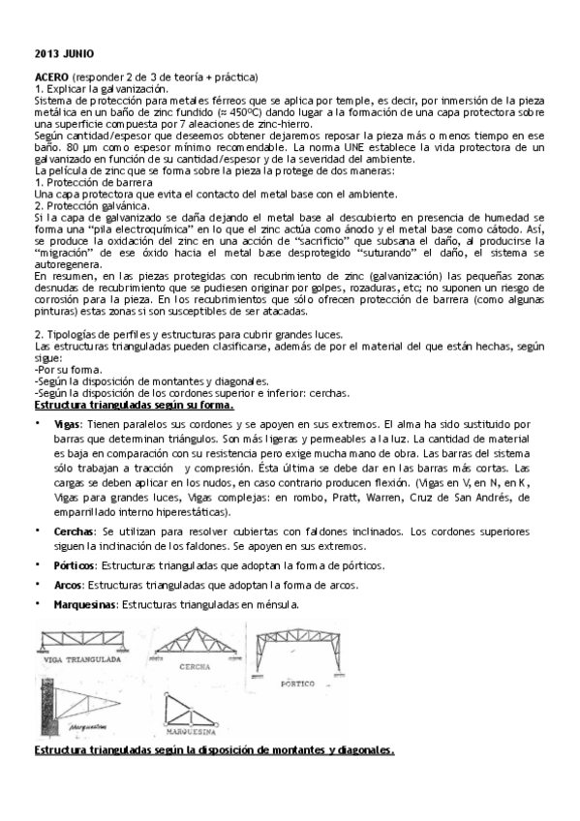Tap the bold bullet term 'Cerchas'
pos(75,532)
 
